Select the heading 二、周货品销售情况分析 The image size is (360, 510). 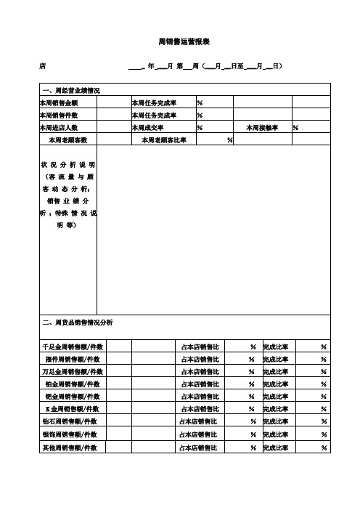click(77, 321)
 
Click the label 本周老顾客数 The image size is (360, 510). click(67, 139)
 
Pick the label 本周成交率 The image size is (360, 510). click(148, 128)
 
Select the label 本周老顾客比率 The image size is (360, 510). click(163, 139)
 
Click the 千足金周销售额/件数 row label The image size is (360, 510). click(73, 347)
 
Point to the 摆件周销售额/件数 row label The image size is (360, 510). click(73, 359)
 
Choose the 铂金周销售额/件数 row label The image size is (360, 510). click(73, 384)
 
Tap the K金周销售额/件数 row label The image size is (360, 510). click(73, 408)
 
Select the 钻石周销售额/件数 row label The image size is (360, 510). click(73, 421)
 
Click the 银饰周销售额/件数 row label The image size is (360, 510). click(73, 434)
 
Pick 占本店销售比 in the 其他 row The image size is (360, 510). click(199, 446)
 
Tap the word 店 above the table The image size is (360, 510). click(42, 67)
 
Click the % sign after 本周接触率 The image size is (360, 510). click(295, 128)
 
